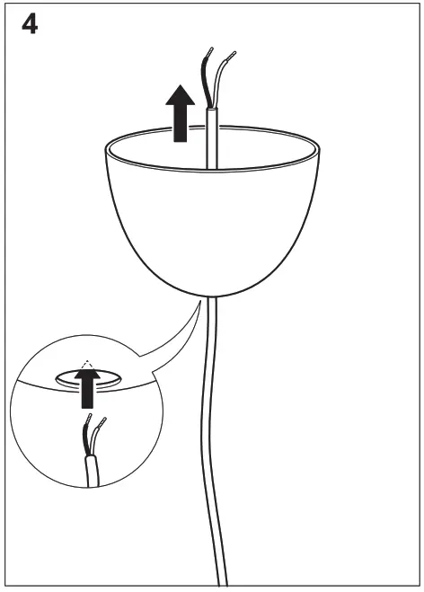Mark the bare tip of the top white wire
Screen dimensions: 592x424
point(232,54)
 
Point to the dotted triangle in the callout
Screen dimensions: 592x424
point(86,366)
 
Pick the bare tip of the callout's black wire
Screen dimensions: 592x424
point(86,420)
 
